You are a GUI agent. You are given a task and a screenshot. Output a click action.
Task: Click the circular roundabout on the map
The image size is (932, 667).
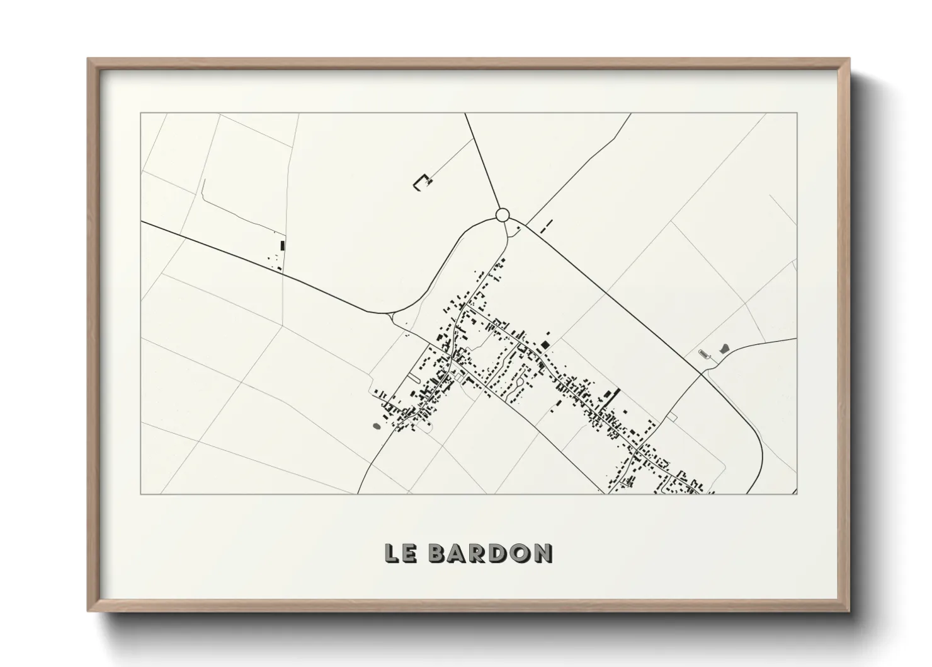click(x=502, y=216)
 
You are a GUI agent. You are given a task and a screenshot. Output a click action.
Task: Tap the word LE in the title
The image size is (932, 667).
click(x=399, y=553)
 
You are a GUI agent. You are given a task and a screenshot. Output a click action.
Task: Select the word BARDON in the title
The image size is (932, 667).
click(x=490, y=553)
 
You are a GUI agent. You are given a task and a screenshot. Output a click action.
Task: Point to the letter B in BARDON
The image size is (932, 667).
click(x=436, y=553)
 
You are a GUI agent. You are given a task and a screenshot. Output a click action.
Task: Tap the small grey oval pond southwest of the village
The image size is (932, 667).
click(x=376, y=426)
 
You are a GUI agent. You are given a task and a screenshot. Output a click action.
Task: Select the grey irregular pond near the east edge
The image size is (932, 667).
click(x=724, y=347)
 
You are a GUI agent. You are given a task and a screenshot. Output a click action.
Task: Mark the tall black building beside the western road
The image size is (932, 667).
click(x=283, y=245)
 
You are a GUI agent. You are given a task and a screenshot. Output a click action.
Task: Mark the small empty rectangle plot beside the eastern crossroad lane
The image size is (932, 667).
click(x=671, y=417)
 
